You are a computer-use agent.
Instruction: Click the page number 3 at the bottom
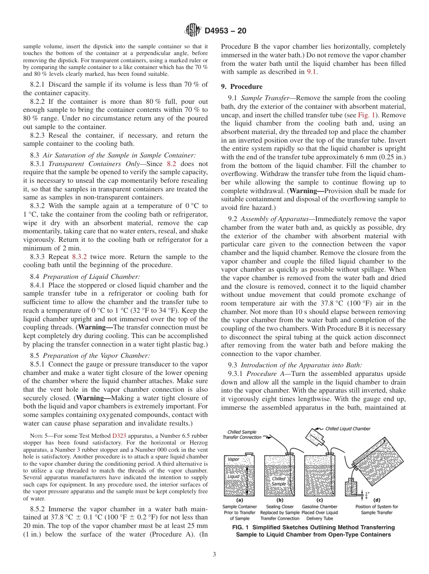click(214, 554)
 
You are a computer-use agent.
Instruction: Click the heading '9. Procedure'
click(242, 87)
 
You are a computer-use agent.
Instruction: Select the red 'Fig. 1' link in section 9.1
click(366, 115)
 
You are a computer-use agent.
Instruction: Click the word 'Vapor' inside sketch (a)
click(233, 459)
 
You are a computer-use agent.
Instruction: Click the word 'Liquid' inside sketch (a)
click(233, 476)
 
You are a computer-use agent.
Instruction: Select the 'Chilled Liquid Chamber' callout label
click(348, 429)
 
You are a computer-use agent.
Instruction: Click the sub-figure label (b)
click(279, 500)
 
